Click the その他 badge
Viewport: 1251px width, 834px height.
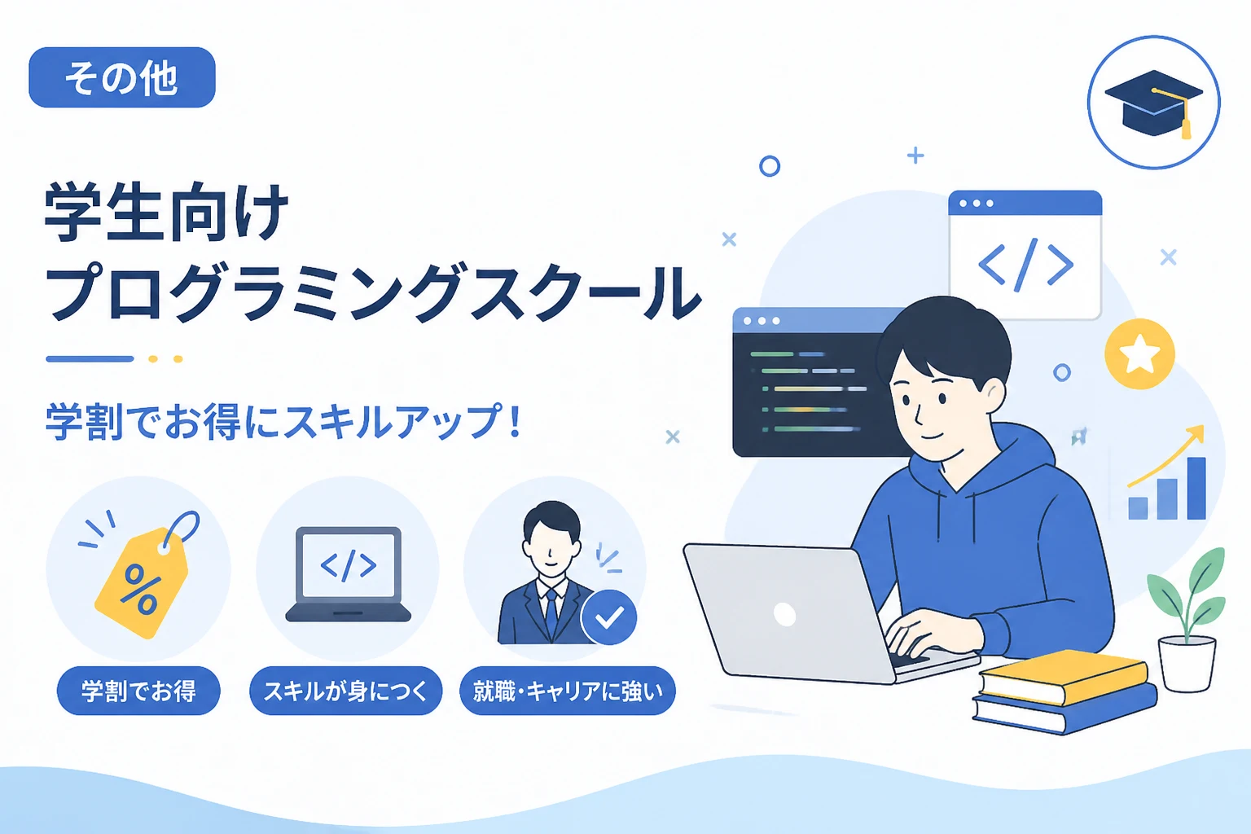pos(121,77)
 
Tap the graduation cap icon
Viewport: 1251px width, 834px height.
pos(1154,104)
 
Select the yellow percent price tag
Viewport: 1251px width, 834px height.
pos(141,581)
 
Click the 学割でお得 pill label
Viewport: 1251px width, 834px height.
pos(138,691)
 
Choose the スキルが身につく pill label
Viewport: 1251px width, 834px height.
pos(345,691)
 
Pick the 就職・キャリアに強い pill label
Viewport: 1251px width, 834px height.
pos(568,691)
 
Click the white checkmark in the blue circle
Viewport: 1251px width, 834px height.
pos(609,617)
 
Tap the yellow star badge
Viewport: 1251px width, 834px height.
pos(1139,353)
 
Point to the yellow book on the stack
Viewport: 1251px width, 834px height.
pos(1064,677)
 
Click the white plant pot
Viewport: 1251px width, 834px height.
pos(1187,664)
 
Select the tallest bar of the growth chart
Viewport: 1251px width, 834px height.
pos(1196,488)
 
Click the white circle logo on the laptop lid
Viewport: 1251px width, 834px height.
pos(784,615)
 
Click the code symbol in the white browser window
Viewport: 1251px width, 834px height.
pos(1025,264)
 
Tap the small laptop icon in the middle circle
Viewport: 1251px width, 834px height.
pos(348,574)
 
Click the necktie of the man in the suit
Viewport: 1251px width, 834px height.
pos(551,612)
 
